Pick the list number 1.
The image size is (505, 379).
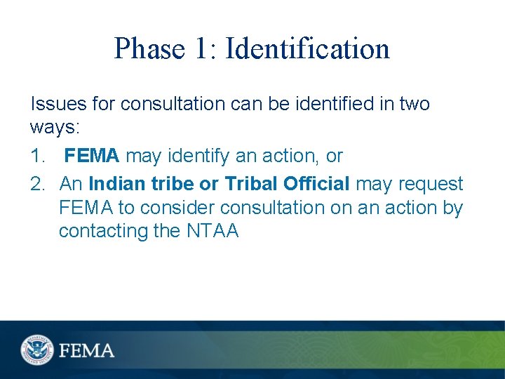click(x=38, y=155)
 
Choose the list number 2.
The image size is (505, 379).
click(x=38, y=184)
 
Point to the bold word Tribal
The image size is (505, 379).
click(x=250, y=184)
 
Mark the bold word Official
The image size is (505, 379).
click(x=315, y=184)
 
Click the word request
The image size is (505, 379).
click(x=431, y=184)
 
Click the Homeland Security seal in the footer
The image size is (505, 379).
click(x=36, y=349)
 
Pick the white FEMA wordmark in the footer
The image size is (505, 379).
click(x=87, y=350)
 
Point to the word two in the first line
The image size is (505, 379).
click(x=414, y=104)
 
